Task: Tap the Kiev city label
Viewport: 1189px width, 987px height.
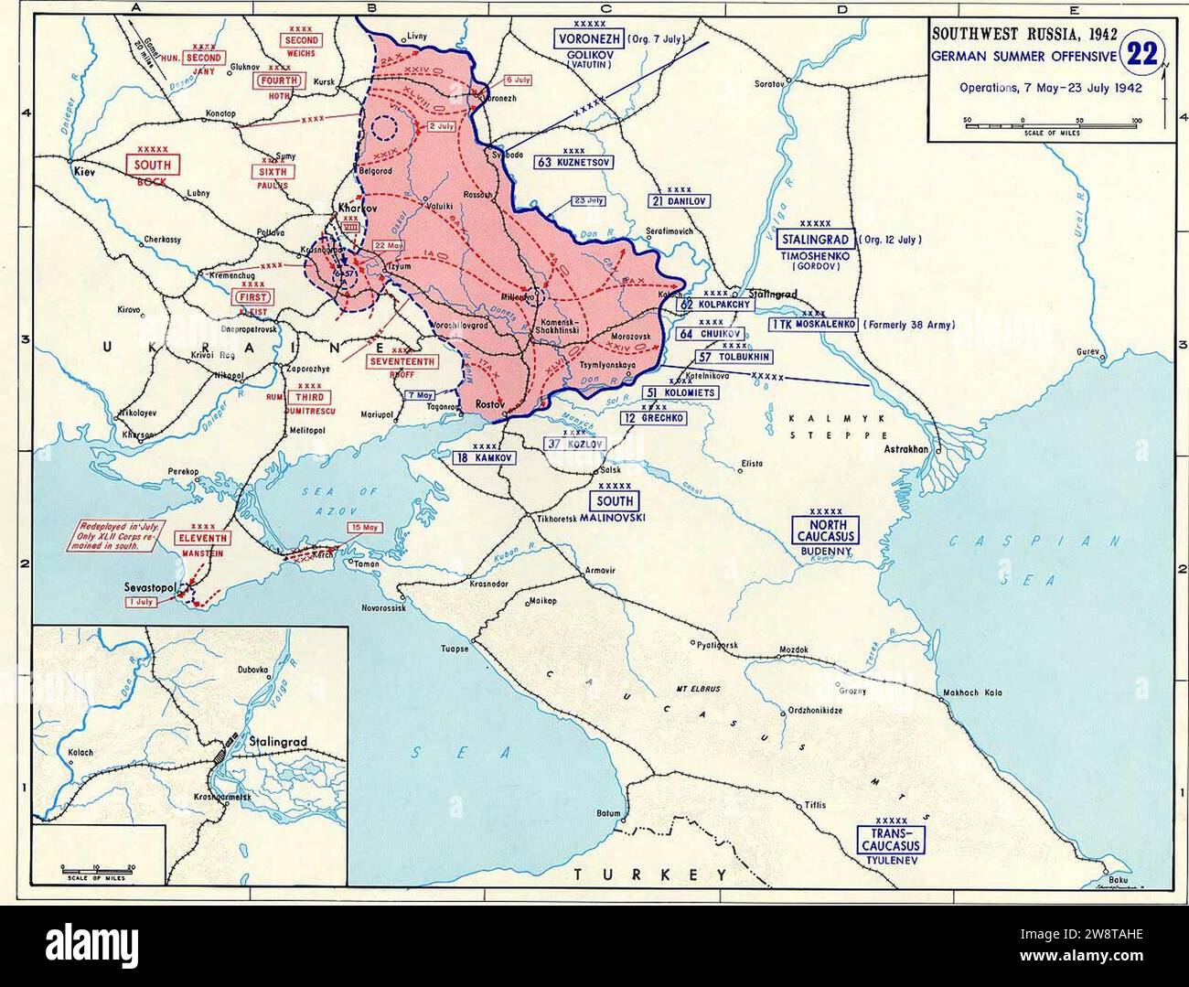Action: point(86,171)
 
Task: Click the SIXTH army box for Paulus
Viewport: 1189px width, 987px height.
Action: point(272,171)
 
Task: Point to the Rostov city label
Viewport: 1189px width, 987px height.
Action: point(491,402)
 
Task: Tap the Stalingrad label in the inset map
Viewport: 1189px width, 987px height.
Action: point(279,742)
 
